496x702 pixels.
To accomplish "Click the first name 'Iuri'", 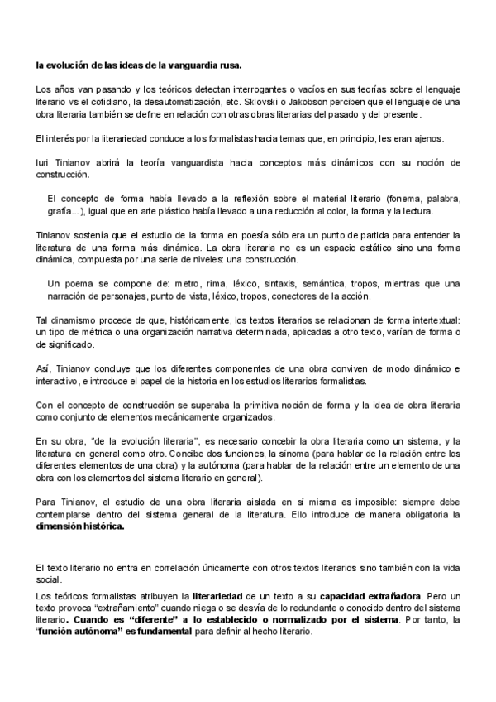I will pos(45,162).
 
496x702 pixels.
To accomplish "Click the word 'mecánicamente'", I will pos(167,419).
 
